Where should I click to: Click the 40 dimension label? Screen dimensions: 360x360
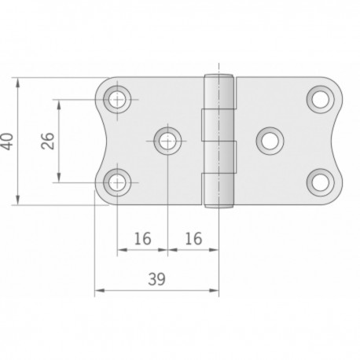click(x=7, y=141)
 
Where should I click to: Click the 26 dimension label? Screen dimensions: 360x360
click(x=47, y=141)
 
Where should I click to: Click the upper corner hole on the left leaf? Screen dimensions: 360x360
click(x=118, y=99)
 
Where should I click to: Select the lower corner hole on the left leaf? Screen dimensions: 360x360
click(x=118, y=182)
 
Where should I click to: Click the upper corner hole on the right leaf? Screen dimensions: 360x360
click(x=319, y=99)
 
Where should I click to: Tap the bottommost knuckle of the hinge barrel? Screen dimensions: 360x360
click(x=220, y=189)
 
